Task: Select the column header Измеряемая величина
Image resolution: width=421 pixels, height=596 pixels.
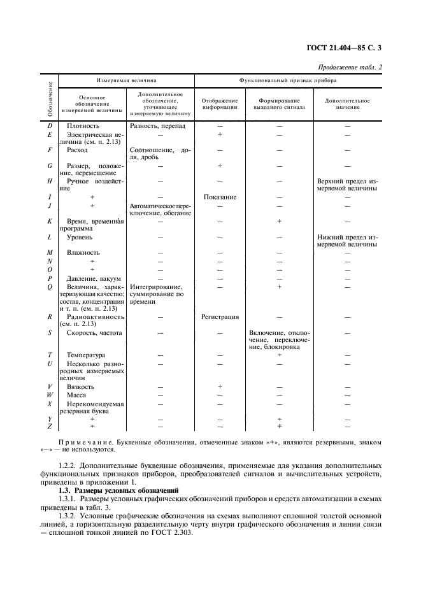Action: coord(126,82)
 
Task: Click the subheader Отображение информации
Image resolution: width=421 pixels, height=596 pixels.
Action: coord(220,104)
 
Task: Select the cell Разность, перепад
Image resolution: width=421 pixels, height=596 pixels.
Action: coord(158,125)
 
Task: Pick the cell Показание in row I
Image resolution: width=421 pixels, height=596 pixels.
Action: coord(220,197)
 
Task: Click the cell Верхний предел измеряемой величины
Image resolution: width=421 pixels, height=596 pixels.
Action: coord(347,184)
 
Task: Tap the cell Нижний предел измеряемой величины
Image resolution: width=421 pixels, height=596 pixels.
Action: coord(347,240)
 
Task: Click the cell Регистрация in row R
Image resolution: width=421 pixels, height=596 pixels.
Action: coord(220,316)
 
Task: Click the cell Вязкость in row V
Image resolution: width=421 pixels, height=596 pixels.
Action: coord(80,386)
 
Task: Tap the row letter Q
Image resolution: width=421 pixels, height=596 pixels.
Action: coord(50,287)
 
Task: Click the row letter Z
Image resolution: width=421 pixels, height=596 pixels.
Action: coord(50,426)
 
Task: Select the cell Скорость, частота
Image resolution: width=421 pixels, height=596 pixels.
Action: coord(94,332)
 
